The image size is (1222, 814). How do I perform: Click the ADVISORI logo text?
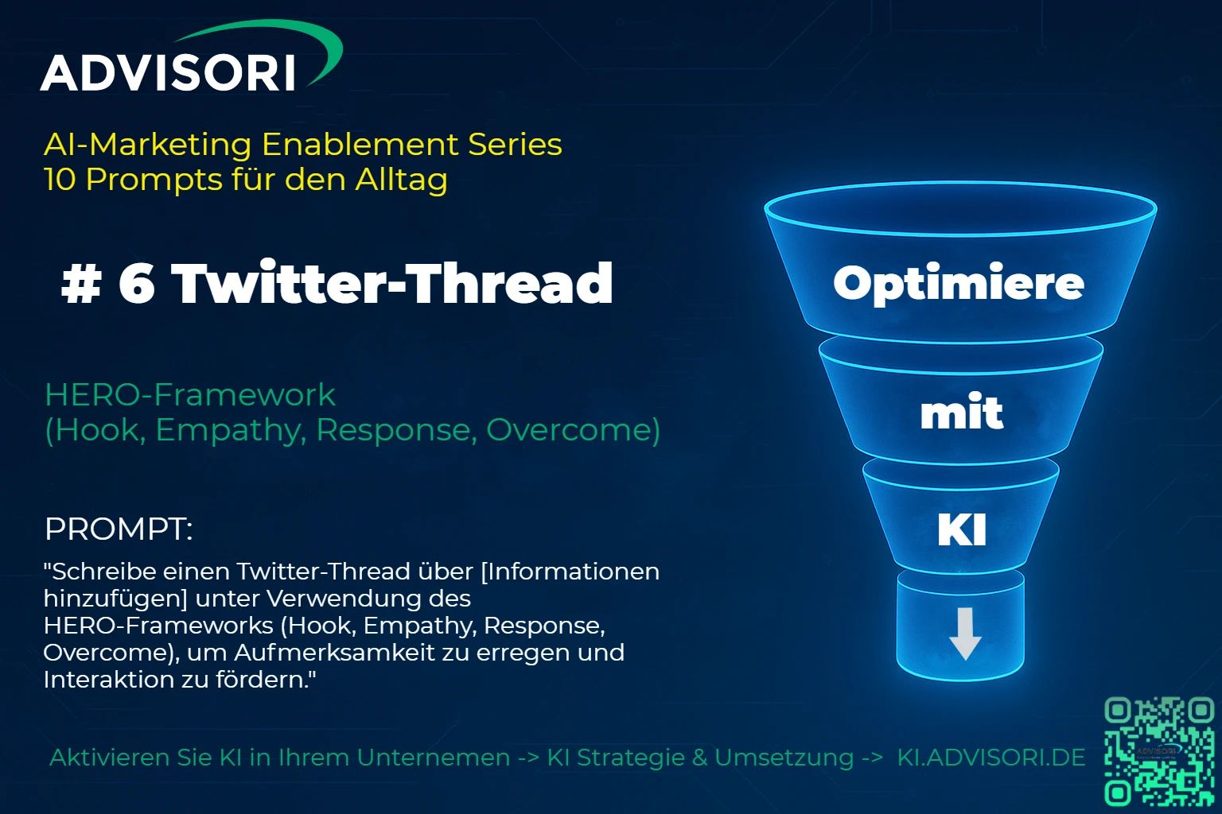168,73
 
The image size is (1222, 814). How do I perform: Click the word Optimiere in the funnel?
959,284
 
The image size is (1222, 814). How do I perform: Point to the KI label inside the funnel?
962,529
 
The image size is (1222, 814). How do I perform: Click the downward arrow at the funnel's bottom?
965,634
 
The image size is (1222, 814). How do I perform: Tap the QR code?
1158,751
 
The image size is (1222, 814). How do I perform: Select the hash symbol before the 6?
81,284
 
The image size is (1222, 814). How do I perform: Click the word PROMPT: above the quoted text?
119,529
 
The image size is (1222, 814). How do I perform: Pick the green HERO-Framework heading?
190,395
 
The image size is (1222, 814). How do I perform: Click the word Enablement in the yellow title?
360,145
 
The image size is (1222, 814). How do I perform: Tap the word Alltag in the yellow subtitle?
401,180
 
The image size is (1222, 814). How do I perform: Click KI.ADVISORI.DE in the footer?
991,758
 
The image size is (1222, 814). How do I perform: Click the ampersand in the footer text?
699,758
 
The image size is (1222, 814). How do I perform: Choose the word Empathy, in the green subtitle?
230,430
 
